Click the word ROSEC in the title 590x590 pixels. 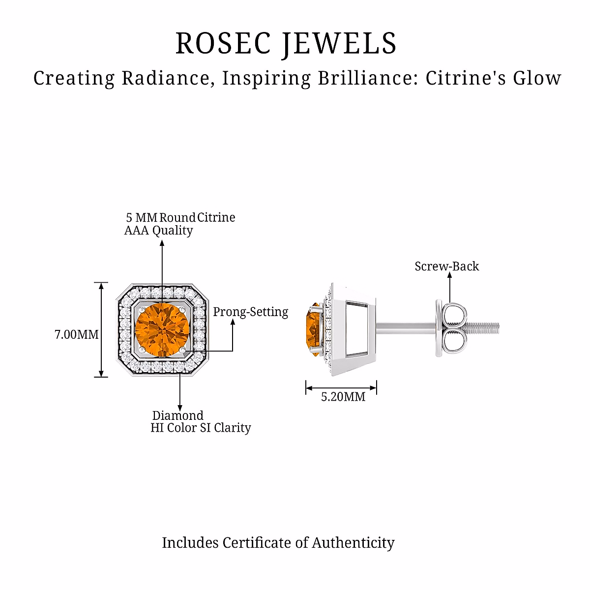tap(223, 43)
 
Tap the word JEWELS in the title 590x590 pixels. tap(339, 44)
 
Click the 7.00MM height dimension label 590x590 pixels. tap(77, 334)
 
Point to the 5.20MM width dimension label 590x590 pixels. tap(343, 397)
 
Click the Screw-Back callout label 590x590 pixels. tap(447, 266)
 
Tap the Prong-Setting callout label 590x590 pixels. tap(250, 312)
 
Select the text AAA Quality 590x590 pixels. tap(158, 231)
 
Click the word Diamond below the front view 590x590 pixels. tap(177, 415)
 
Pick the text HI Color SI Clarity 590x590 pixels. tap(201, 428)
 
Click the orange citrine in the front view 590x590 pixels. tap(162, 329)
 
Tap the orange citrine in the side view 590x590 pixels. tap(314, 329)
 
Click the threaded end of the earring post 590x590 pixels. tap(482, 328)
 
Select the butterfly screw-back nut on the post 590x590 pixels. tap(451, 328)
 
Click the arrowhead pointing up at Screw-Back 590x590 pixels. tap(449, 275)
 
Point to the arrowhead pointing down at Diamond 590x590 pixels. tap(180, 408)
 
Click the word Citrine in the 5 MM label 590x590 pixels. tap(216, 217)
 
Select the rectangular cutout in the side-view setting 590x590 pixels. tap(356, 329)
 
